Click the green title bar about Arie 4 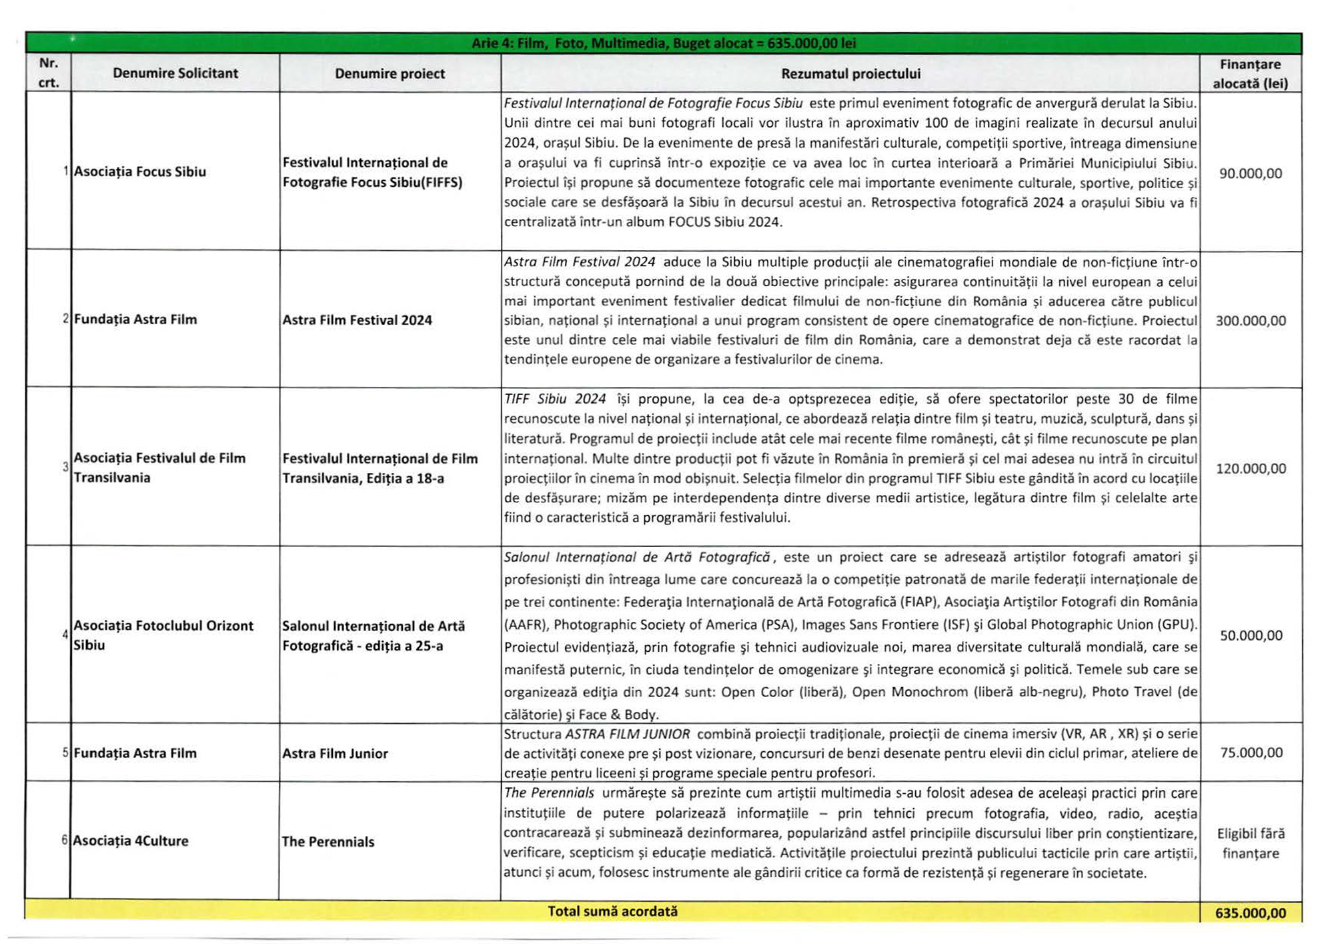(663, 43)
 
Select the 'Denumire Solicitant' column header (175, 73)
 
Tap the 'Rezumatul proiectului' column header (850, 73)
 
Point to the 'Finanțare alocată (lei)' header (1250, 74)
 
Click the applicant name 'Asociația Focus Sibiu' (140, 171)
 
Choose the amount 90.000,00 (1250, 173)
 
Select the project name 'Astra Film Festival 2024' (357, 320)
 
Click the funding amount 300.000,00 (1250, 321)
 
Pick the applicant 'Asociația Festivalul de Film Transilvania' (159, 468)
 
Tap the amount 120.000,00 (1250, 468)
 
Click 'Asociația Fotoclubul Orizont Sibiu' (163, 635)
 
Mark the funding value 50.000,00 (1251, 636)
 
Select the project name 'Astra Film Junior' (335, 753)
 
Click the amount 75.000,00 (1251, 753)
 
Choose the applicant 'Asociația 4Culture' (131, 841)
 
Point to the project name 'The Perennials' (328, 842)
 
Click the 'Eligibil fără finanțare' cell (1250, 843)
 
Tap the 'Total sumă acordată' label (612, 911)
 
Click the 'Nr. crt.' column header (49, 73)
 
